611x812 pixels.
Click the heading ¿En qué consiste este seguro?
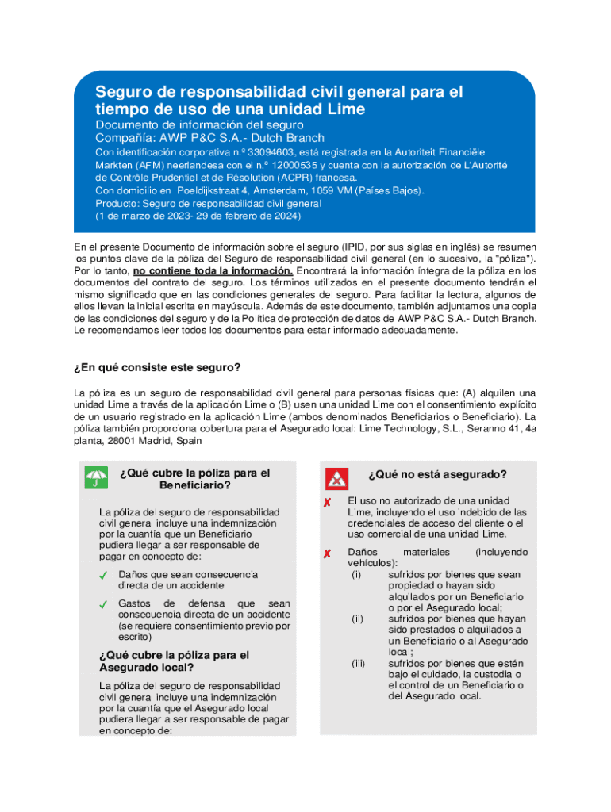coord(157,367)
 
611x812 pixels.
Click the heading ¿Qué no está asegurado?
coord(436,474)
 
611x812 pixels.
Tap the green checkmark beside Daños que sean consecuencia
coord(103,576)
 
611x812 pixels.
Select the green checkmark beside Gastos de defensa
coord(103,605)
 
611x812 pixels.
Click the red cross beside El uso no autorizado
coord(327,504)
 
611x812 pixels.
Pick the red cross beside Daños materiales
coord(327,553)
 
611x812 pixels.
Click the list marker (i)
coord(356,574)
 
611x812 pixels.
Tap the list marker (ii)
coord(357,619)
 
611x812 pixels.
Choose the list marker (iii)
coord(358,663)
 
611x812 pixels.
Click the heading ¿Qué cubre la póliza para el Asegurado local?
coord(174,661)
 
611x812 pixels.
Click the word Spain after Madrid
coord(189,440)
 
